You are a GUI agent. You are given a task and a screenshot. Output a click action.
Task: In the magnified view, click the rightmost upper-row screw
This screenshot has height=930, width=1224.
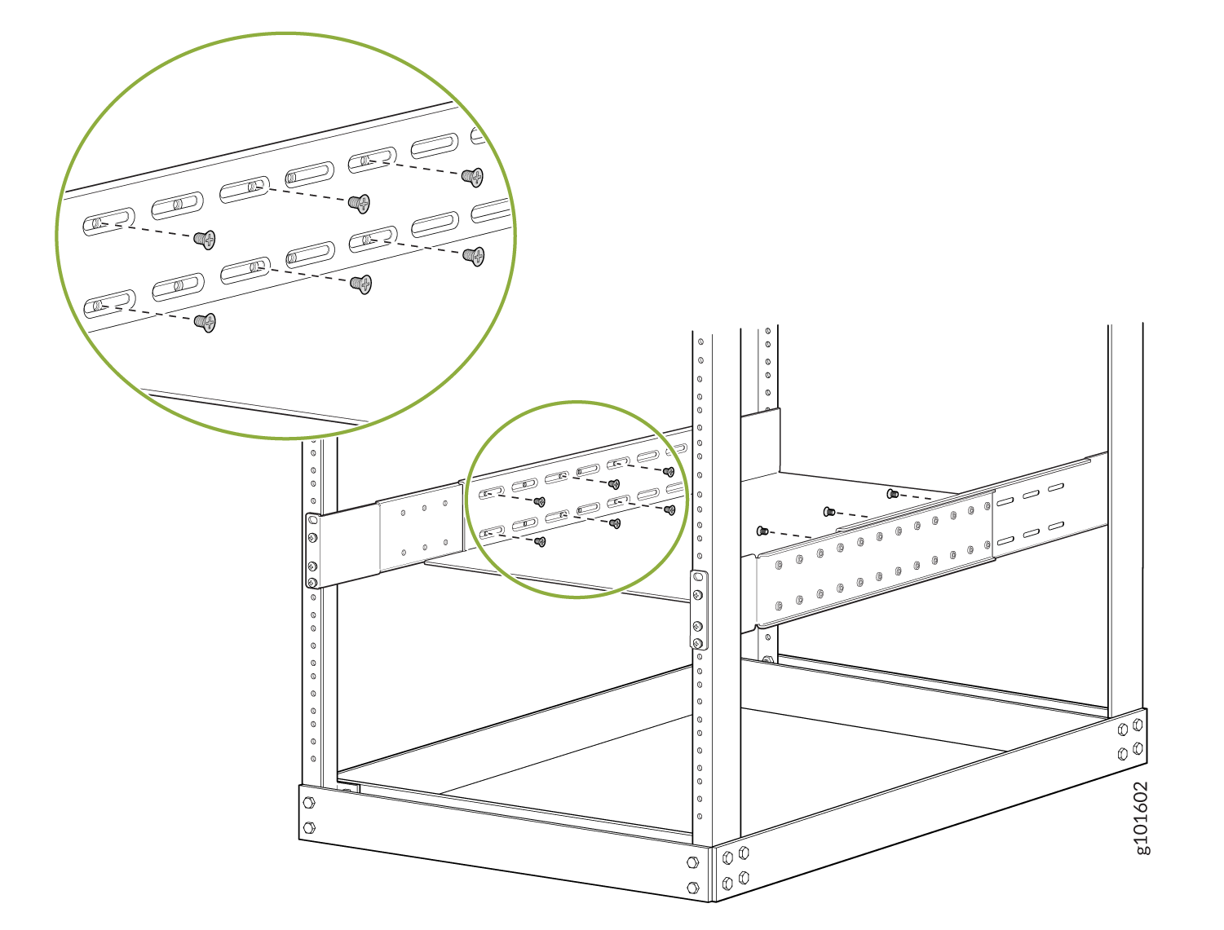coord(472,177)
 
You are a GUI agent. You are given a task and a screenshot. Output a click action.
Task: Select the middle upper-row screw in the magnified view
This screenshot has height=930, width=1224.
coord(359,204)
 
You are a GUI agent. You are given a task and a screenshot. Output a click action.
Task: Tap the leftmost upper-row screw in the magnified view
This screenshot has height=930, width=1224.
coord(205,240)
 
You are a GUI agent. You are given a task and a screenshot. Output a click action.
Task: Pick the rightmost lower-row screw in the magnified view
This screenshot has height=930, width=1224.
coord(474,256)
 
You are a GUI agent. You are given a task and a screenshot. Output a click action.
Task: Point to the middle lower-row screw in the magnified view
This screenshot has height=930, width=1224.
coord(360,284)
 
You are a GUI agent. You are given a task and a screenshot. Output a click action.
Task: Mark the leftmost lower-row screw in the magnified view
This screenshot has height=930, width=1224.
coord(205,323)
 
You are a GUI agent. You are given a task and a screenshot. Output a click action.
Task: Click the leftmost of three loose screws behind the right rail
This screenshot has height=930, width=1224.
coord(762,531)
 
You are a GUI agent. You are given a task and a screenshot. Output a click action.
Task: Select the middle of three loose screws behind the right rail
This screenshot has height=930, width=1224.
coord(829,512)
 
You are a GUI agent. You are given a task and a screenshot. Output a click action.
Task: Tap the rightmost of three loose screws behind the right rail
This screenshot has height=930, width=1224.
coord(892,494)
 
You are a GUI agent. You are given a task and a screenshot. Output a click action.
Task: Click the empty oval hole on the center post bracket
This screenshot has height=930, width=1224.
coord(697,576)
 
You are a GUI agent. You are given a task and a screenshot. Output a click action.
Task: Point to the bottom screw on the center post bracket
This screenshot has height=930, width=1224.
coord(697,644)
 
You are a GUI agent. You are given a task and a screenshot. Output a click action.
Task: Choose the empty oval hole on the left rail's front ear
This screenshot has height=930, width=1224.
coord(313,521)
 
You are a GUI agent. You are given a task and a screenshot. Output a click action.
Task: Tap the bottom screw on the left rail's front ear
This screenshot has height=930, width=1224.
coord(312,582)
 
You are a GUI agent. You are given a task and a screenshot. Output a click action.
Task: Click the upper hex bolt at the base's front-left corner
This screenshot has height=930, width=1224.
coord(308,803)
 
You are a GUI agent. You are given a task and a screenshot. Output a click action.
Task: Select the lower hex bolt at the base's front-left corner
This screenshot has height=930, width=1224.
coord(308,827)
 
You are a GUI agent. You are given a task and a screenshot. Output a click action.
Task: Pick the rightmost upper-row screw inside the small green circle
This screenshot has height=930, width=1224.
coord(668,472)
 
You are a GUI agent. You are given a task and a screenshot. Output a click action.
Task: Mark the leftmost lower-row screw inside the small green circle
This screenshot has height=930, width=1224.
coord(540,541)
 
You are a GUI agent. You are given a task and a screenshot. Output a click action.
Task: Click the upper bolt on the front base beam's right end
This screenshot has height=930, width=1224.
coord(692,862)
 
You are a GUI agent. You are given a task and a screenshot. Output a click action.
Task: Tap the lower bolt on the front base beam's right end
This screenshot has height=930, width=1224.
coord(692,887)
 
